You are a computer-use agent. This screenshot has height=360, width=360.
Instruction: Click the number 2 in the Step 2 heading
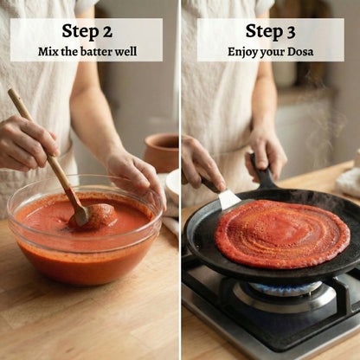(x=107, y=32)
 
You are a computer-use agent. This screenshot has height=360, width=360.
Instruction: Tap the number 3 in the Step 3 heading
(x=291, y=32)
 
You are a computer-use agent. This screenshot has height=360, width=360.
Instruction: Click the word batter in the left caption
(x=97, y=52)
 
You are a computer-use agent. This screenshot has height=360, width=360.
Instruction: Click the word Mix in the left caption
(x=47, y=52)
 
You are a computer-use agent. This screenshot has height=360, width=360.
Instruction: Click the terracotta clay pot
(x=161, y=152)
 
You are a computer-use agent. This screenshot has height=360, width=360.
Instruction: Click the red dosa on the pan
(x=282, y=233)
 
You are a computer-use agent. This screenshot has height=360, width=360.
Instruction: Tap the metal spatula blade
(x=228, y=200)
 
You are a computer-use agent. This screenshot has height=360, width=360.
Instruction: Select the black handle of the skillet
(x=262, y=171)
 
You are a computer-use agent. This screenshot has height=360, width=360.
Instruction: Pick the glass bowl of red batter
(x=85, y=230)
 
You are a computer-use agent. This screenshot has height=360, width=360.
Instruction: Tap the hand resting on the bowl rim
(x=136, y=173)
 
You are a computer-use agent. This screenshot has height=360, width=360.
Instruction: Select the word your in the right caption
(x=272, y=53)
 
